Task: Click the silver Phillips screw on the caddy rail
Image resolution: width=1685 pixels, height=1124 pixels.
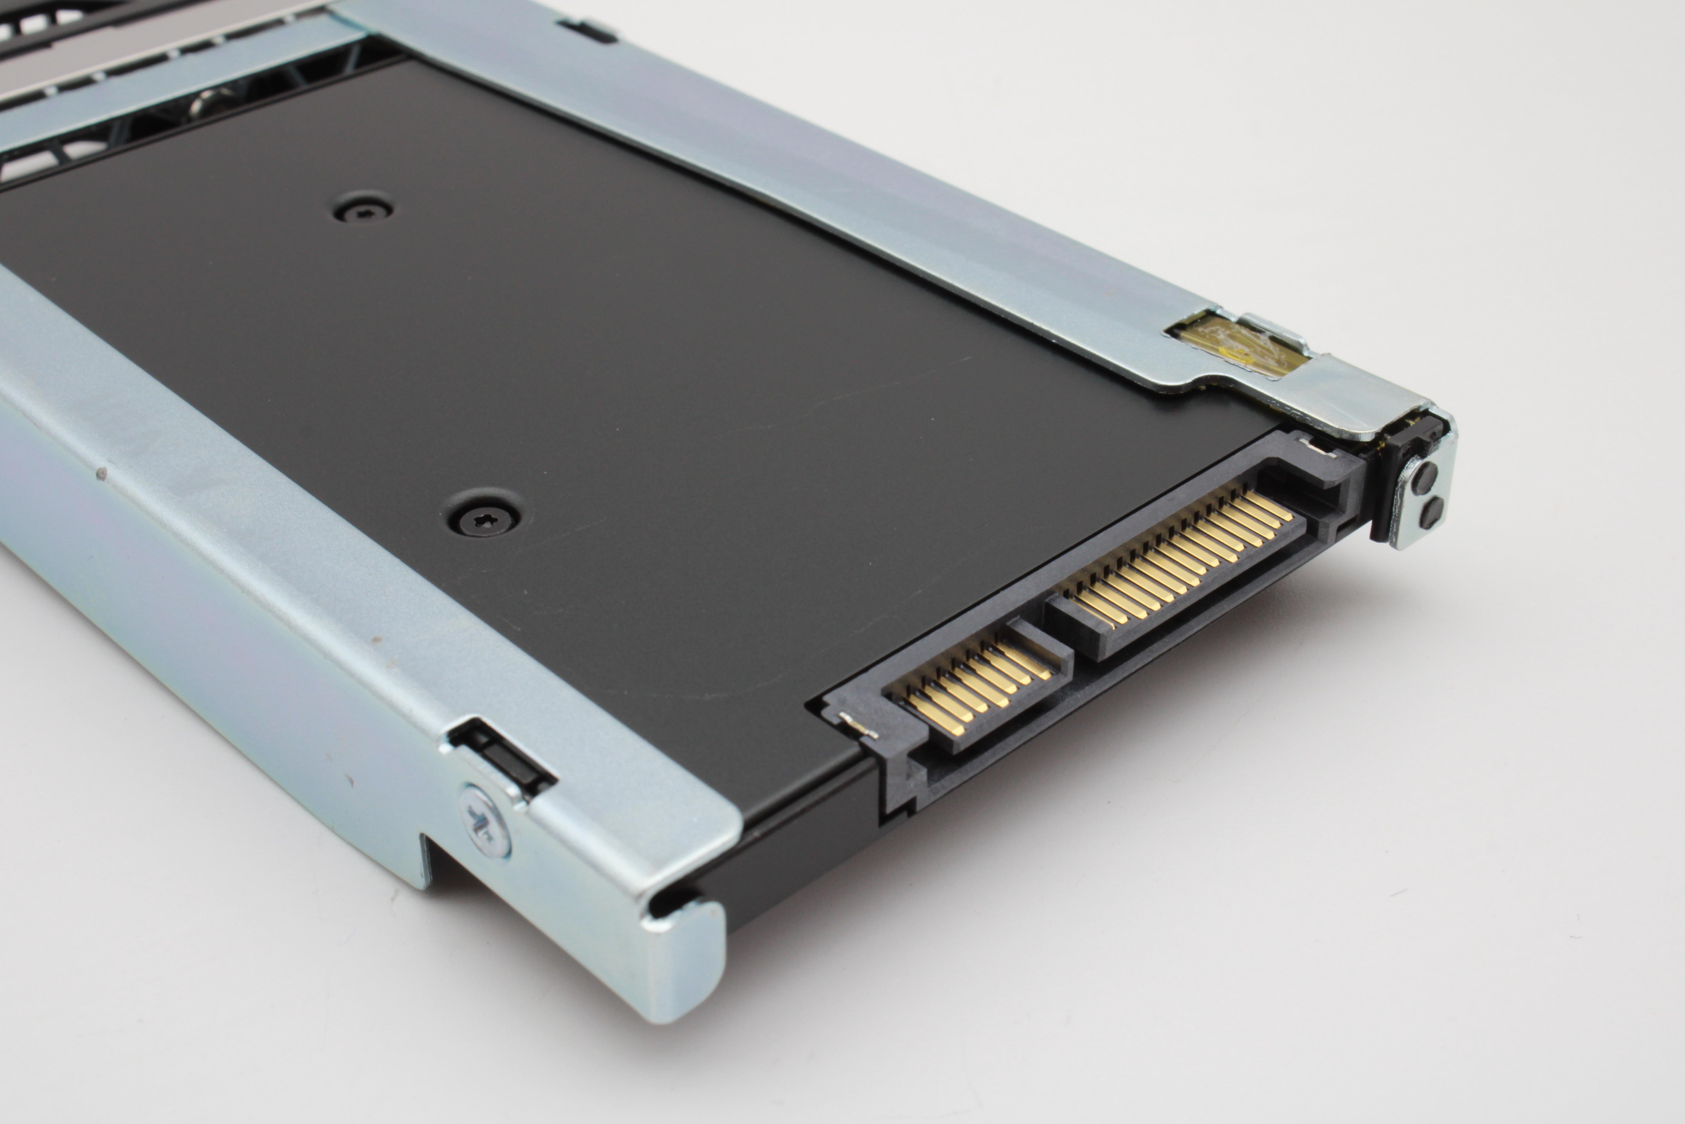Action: coord(487,821)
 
